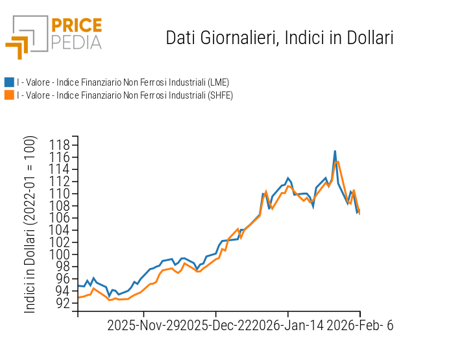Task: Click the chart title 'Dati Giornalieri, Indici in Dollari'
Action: point(280,38)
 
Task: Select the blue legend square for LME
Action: point(9,82)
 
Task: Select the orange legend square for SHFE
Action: point(9,95)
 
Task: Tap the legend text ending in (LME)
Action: point(123,82)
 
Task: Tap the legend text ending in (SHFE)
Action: point(125,95)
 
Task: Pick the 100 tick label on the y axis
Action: point(60,254)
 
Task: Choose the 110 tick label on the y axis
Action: point(60,193)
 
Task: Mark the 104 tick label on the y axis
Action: point(60,230)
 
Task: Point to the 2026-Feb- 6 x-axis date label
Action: point(359,326)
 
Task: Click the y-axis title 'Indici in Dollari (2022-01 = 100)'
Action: point(30,225)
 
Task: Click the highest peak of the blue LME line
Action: point(335,151)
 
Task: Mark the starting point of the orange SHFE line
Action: point(79,297)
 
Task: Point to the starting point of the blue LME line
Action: point(79,285)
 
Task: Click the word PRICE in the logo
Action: point(76,26)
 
